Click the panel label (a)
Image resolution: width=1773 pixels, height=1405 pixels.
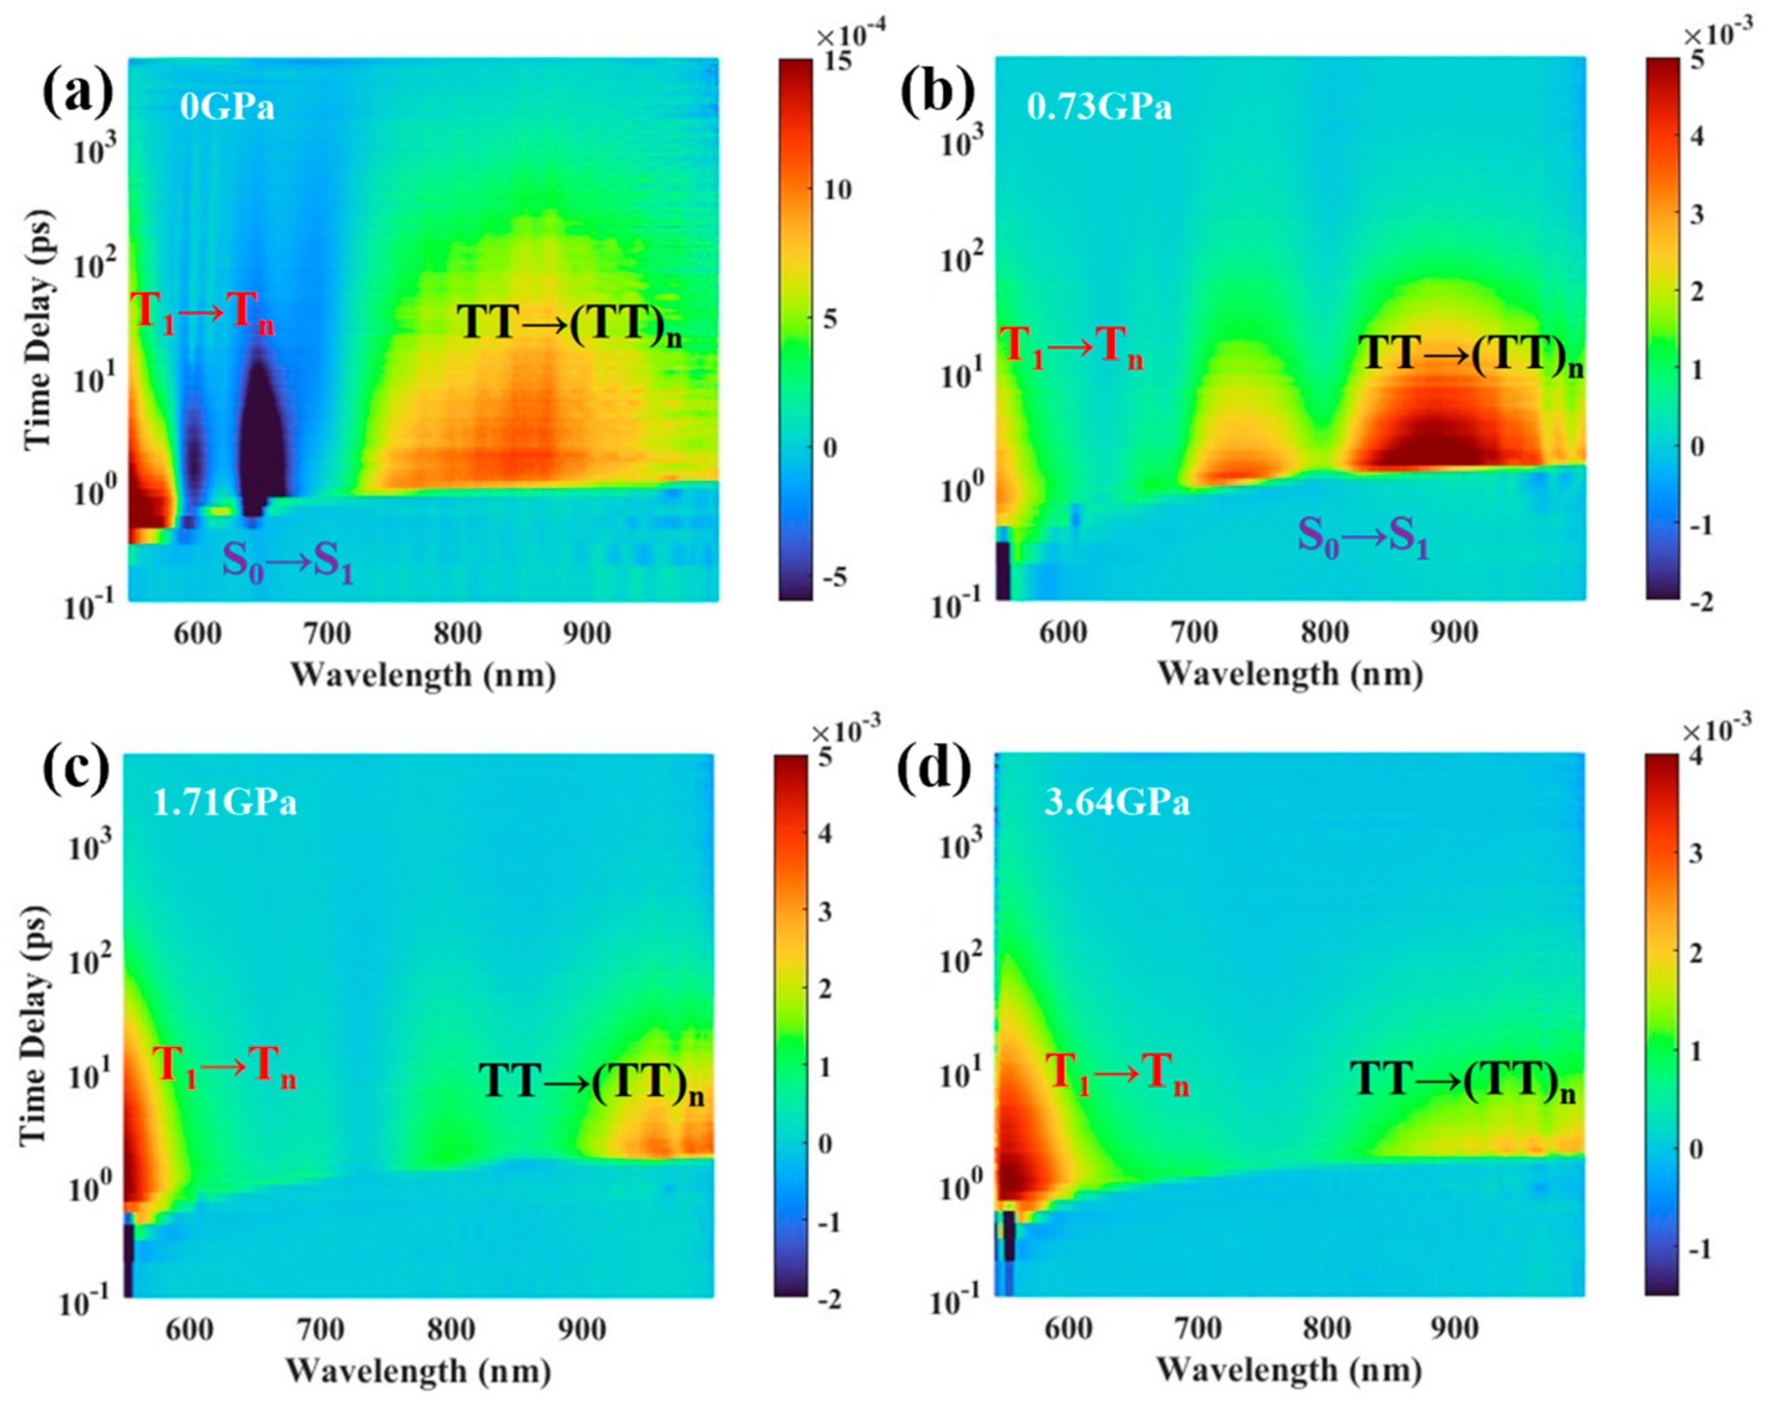tap(78, 92)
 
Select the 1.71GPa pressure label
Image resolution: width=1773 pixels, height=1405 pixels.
tap(224, 802)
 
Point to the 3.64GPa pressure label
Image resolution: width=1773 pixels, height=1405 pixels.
tap(1116, 802)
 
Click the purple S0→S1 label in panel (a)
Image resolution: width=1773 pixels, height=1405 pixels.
tap(288, 564)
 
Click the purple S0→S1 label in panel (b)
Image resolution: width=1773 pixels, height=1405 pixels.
tap(1363, 537)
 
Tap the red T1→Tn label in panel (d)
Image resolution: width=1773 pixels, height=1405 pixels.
tap(1116, 1074)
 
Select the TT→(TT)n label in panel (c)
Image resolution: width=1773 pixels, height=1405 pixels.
tap(591, 1083)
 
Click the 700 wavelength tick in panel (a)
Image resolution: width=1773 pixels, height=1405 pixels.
tap(327, 634)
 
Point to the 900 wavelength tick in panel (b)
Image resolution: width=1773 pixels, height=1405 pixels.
tap(1454, 633)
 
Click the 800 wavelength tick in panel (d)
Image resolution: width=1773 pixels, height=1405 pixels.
tap(1327, 1329)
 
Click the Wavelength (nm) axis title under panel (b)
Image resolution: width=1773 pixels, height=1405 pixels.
tap(1289, 675)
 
